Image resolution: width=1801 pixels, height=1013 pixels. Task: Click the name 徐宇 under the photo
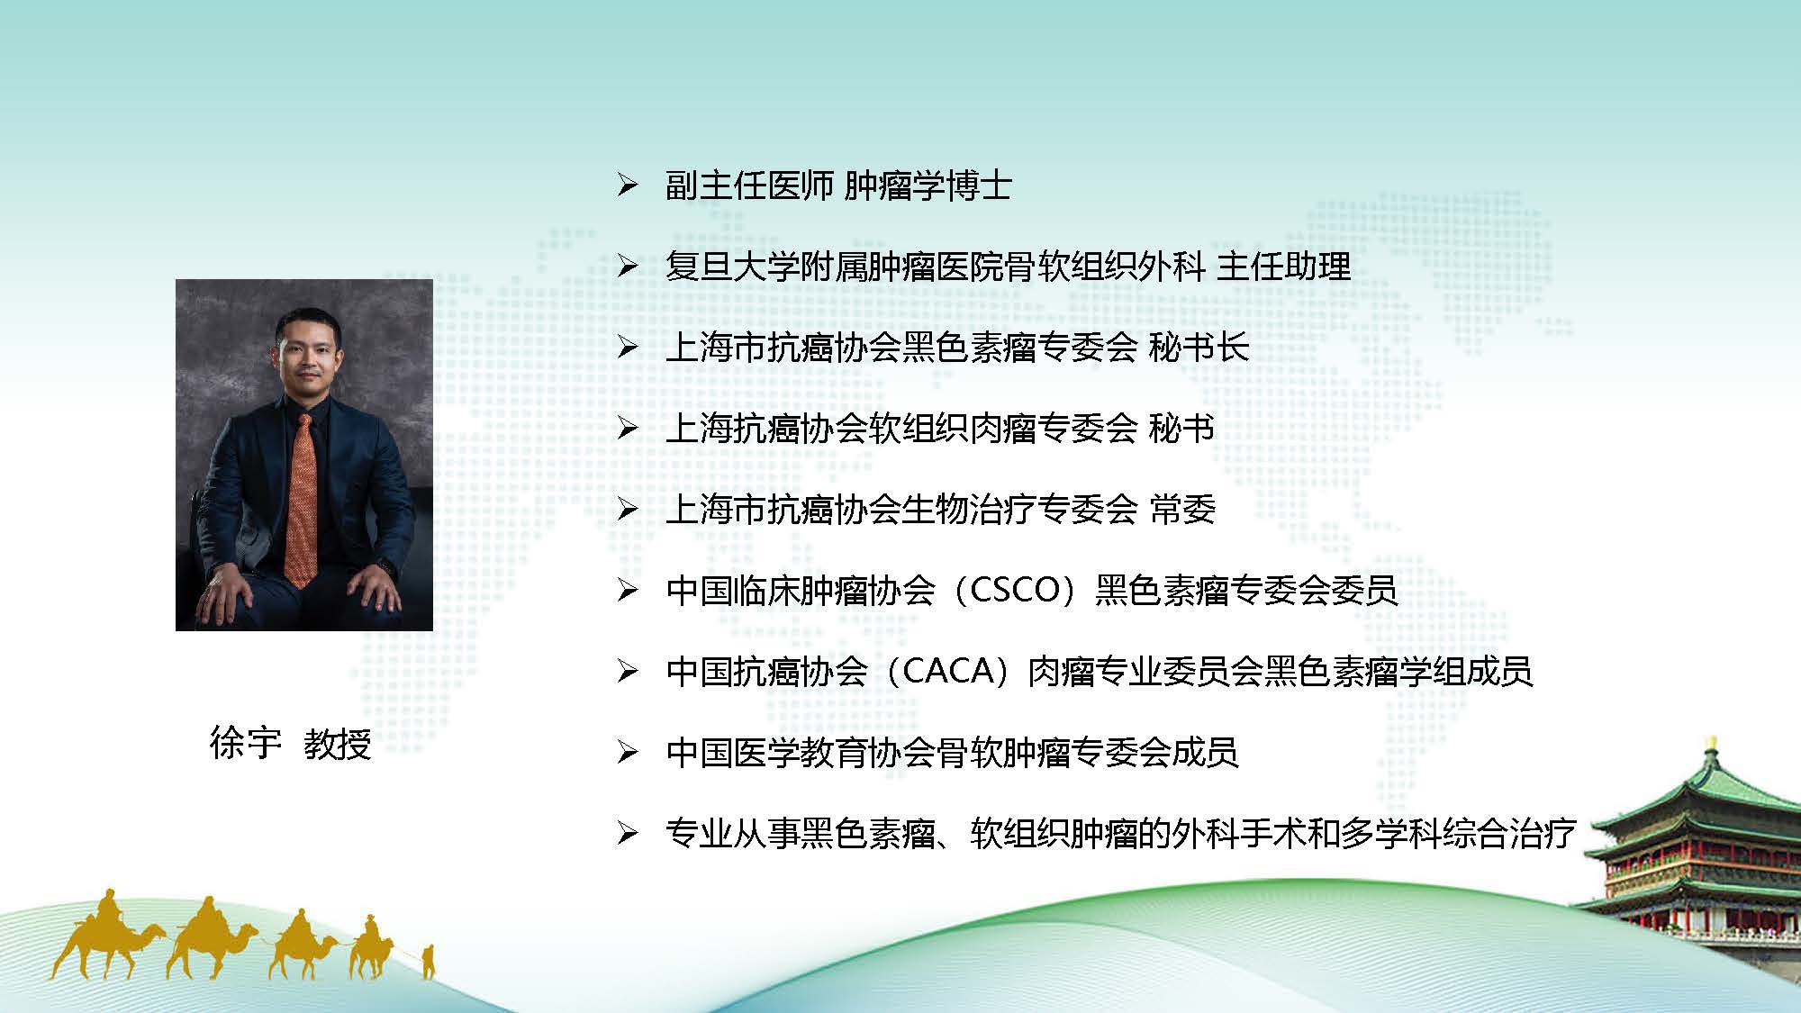[245, 744]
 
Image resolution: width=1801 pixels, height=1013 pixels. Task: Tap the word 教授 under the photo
[338, 744]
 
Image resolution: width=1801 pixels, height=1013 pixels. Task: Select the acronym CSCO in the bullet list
[1014, 590]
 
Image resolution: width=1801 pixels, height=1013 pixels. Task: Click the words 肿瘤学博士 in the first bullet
[928, 185]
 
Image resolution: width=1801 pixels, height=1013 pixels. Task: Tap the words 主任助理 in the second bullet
[1283, 267]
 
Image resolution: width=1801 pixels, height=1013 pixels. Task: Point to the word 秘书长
[1199, 348]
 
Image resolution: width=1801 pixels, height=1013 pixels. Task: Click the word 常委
[1182, 510]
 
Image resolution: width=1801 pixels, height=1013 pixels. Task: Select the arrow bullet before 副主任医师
[628, 186]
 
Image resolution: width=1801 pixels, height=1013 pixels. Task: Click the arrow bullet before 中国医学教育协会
[628, 752]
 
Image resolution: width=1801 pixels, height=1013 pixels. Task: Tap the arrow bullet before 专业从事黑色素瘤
[628, 833]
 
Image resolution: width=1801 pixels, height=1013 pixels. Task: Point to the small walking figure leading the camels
[429, 962]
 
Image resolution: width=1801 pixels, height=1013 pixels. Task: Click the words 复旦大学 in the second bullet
[732, 267]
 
